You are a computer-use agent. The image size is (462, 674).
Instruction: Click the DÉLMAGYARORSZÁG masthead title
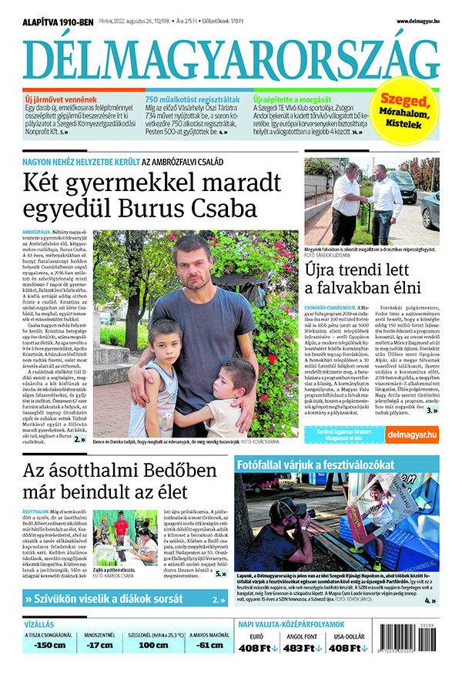231,59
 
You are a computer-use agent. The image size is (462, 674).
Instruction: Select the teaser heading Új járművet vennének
62,100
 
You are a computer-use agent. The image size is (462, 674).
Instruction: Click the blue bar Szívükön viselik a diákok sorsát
115,599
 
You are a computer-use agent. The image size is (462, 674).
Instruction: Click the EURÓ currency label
256,637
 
